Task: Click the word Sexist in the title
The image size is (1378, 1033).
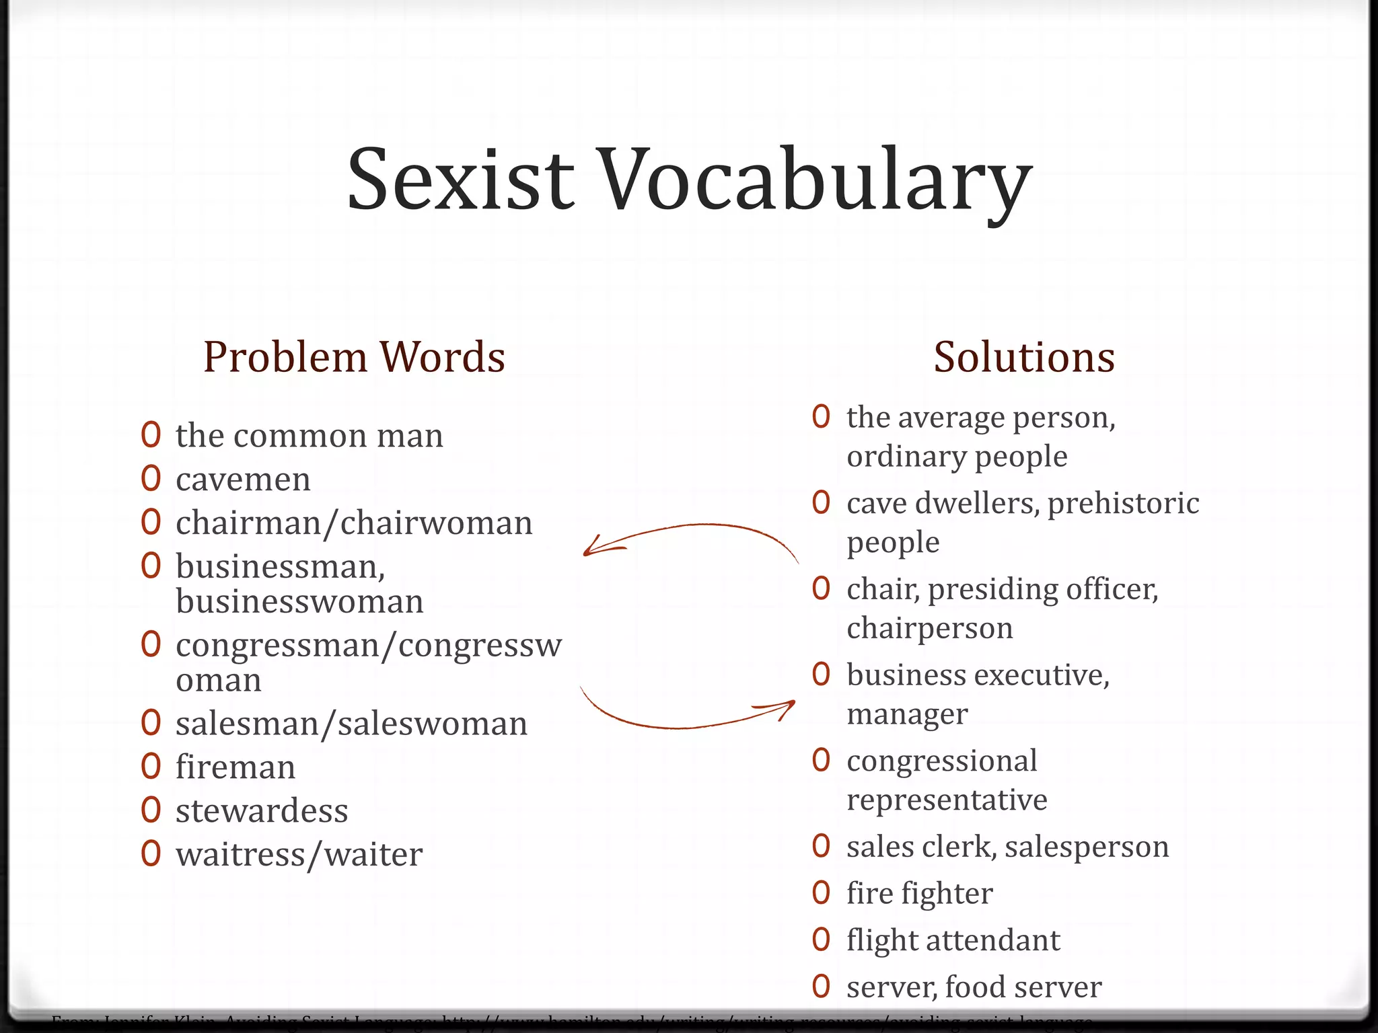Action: pos(460,180)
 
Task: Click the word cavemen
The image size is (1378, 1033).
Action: pos(243,480)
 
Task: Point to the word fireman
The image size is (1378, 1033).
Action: pos(235,767)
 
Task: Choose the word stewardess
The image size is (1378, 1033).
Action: pos(262,811)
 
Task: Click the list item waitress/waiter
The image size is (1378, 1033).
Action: pos(299,855)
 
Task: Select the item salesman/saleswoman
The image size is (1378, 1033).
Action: pos(351,724)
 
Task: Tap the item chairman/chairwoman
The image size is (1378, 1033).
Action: pos(354,523)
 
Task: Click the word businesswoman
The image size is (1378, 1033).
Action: pos(299,602)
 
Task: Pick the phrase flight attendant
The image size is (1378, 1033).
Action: pos(953,940)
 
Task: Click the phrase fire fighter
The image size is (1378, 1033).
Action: pos(919,894)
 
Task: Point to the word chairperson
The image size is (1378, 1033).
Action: pos(929,629)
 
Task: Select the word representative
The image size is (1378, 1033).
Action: pos(947,800)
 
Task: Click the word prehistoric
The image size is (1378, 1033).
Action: pos(1123,503)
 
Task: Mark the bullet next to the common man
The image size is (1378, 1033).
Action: pos(151,435)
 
